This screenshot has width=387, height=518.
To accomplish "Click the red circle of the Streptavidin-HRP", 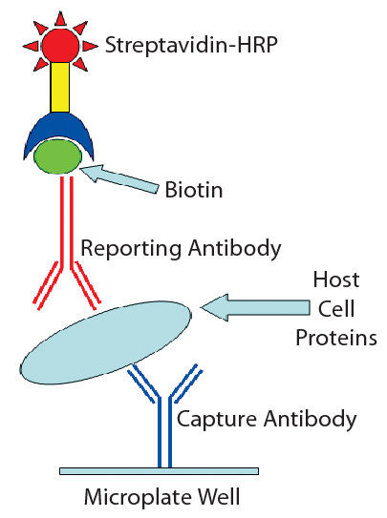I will [59, 44].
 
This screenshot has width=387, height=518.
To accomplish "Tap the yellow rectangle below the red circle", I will [59, 87].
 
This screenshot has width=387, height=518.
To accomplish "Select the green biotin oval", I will [59, 155].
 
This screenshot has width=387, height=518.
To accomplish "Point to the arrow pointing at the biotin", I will [119, 178].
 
